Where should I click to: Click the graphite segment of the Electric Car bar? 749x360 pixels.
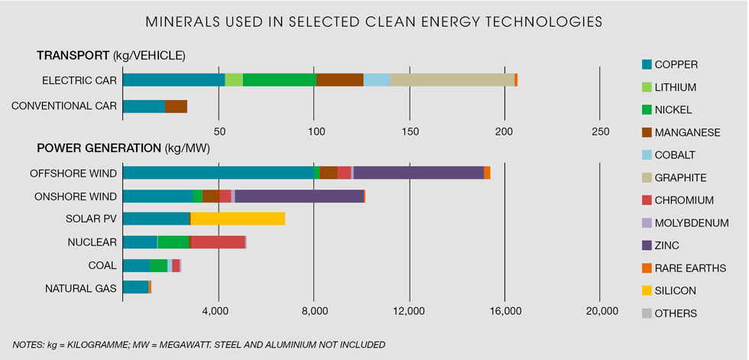[x=452, y=80]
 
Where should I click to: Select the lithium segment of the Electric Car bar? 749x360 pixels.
[x=234, y=80]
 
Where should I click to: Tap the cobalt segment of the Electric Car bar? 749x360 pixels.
[x=376, y=80]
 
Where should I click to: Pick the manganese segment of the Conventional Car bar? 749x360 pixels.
[x=176, y=106]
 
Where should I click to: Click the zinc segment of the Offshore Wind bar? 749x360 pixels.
[x=418, y=173]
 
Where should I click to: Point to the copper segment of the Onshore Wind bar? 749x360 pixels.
[x=157, y=196]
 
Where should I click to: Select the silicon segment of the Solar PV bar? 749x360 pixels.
[x=238, y=219]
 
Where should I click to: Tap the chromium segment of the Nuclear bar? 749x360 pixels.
[x=219, y=242]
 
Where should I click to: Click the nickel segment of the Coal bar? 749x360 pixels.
[x=158, y=265]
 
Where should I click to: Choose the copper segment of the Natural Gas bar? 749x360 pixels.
[x=135, y=287]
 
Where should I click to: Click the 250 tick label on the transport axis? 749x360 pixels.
[x=600, y=131]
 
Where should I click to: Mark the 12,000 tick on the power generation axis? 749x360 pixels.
[x=410, y=311]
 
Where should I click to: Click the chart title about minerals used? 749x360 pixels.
[x=374, y=21]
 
